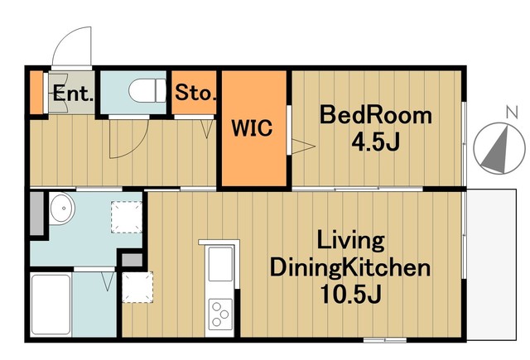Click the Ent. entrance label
pyautogui.click(x=73, y=94)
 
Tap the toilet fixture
pyautogui.click(x=147, y=90)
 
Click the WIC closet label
pyautogui.click(x=252, y=128)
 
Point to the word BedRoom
pyautogui.click(x=375, y=115)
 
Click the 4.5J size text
pyautogui.click(x=376, y=142)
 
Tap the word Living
pyautogui.click(x=350, y=242)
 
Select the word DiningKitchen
pyautogui.click(x=350, y=268)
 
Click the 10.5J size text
pyautogui.click(x=350, y=294)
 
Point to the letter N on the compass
pyautogui.click(x=513, y=112)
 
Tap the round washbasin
pyautogui.click(x=62, y=209)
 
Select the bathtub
pyautogui.click(x=51, y=305)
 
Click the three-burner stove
pyautogui.click(x=220, y=314)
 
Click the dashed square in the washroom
pyautogui.click(x=127, y=217)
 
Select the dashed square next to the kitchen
pyautogui.click(x=137, y=287)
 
